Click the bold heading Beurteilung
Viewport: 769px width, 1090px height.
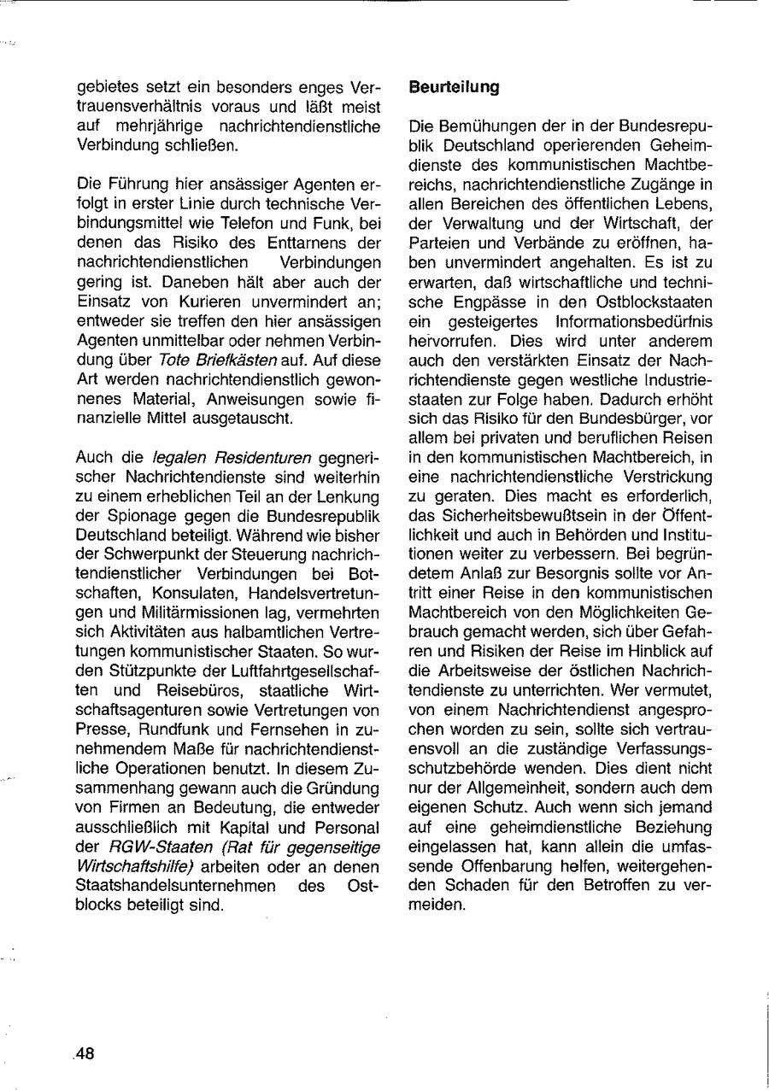454,88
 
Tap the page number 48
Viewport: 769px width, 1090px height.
85,1053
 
